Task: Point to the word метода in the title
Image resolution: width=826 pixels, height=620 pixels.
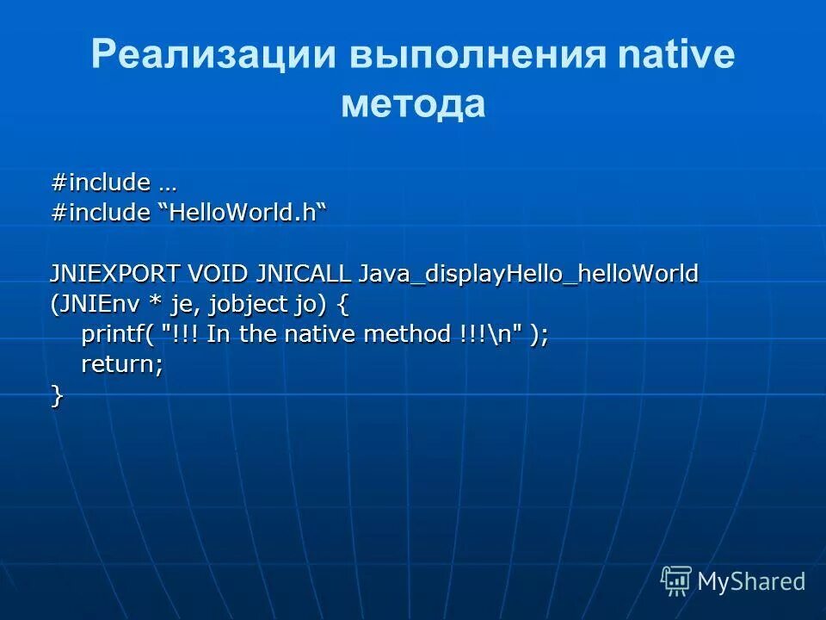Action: (x=413, y=104)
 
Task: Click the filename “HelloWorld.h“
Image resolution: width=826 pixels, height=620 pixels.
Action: (x=244, y=214)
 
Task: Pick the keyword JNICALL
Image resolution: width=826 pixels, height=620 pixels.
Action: (x=304, y=275)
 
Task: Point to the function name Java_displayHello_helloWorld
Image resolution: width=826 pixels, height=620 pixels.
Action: (x=528, y=275)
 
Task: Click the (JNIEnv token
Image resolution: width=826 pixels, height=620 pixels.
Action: (x=89, y=305)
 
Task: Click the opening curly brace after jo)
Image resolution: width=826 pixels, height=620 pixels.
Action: (x=343, y=305)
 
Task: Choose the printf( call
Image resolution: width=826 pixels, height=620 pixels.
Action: (x=118, y=335)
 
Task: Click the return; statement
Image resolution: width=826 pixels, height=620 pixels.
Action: (x=122, y=365)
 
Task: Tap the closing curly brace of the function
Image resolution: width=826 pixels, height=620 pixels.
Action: (x=57, y=395)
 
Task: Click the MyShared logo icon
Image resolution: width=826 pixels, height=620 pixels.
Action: (x=676, y=581)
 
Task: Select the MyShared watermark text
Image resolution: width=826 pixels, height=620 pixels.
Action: (x=751, y=582)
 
